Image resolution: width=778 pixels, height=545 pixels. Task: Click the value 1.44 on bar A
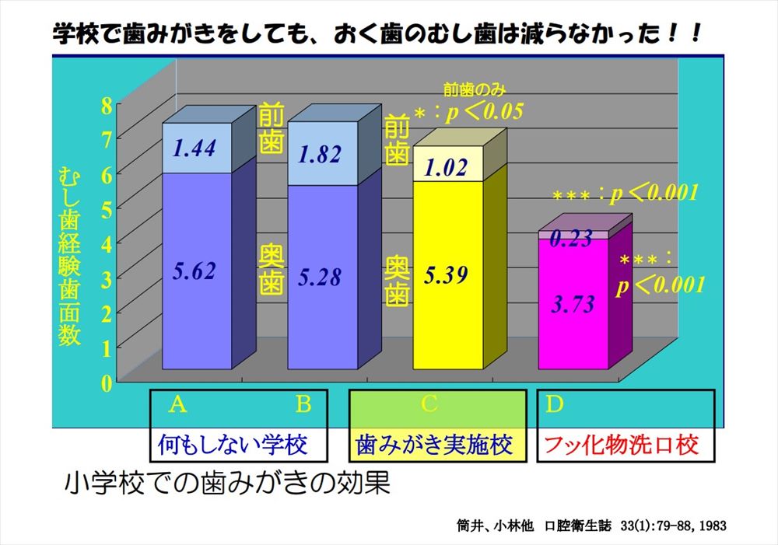[194, 148]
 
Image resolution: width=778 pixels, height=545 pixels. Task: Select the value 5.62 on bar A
[194, 271]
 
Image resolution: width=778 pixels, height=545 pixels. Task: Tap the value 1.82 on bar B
[319, 154]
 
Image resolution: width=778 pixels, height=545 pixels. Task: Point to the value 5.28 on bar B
[319, 276]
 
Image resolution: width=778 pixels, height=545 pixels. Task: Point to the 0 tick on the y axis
[107, 382]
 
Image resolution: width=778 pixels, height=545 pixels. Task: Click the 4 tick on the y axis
[107, 244]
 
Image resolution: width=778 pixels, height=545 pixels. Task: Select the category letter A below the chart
[178, 404]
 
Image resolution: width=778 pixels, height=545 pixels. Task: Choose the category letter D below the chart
[554, 404]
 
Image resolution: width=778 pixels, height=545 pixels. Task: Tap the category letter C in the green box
[429, 404]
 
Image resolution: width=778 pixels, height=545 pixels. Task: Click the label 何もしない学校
[233, 445]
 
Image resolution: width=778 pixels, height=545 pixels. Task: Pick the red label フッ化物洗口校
[621, 445]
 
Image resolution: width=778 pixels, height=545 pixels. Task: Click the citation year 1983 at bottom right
[712, 526]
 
